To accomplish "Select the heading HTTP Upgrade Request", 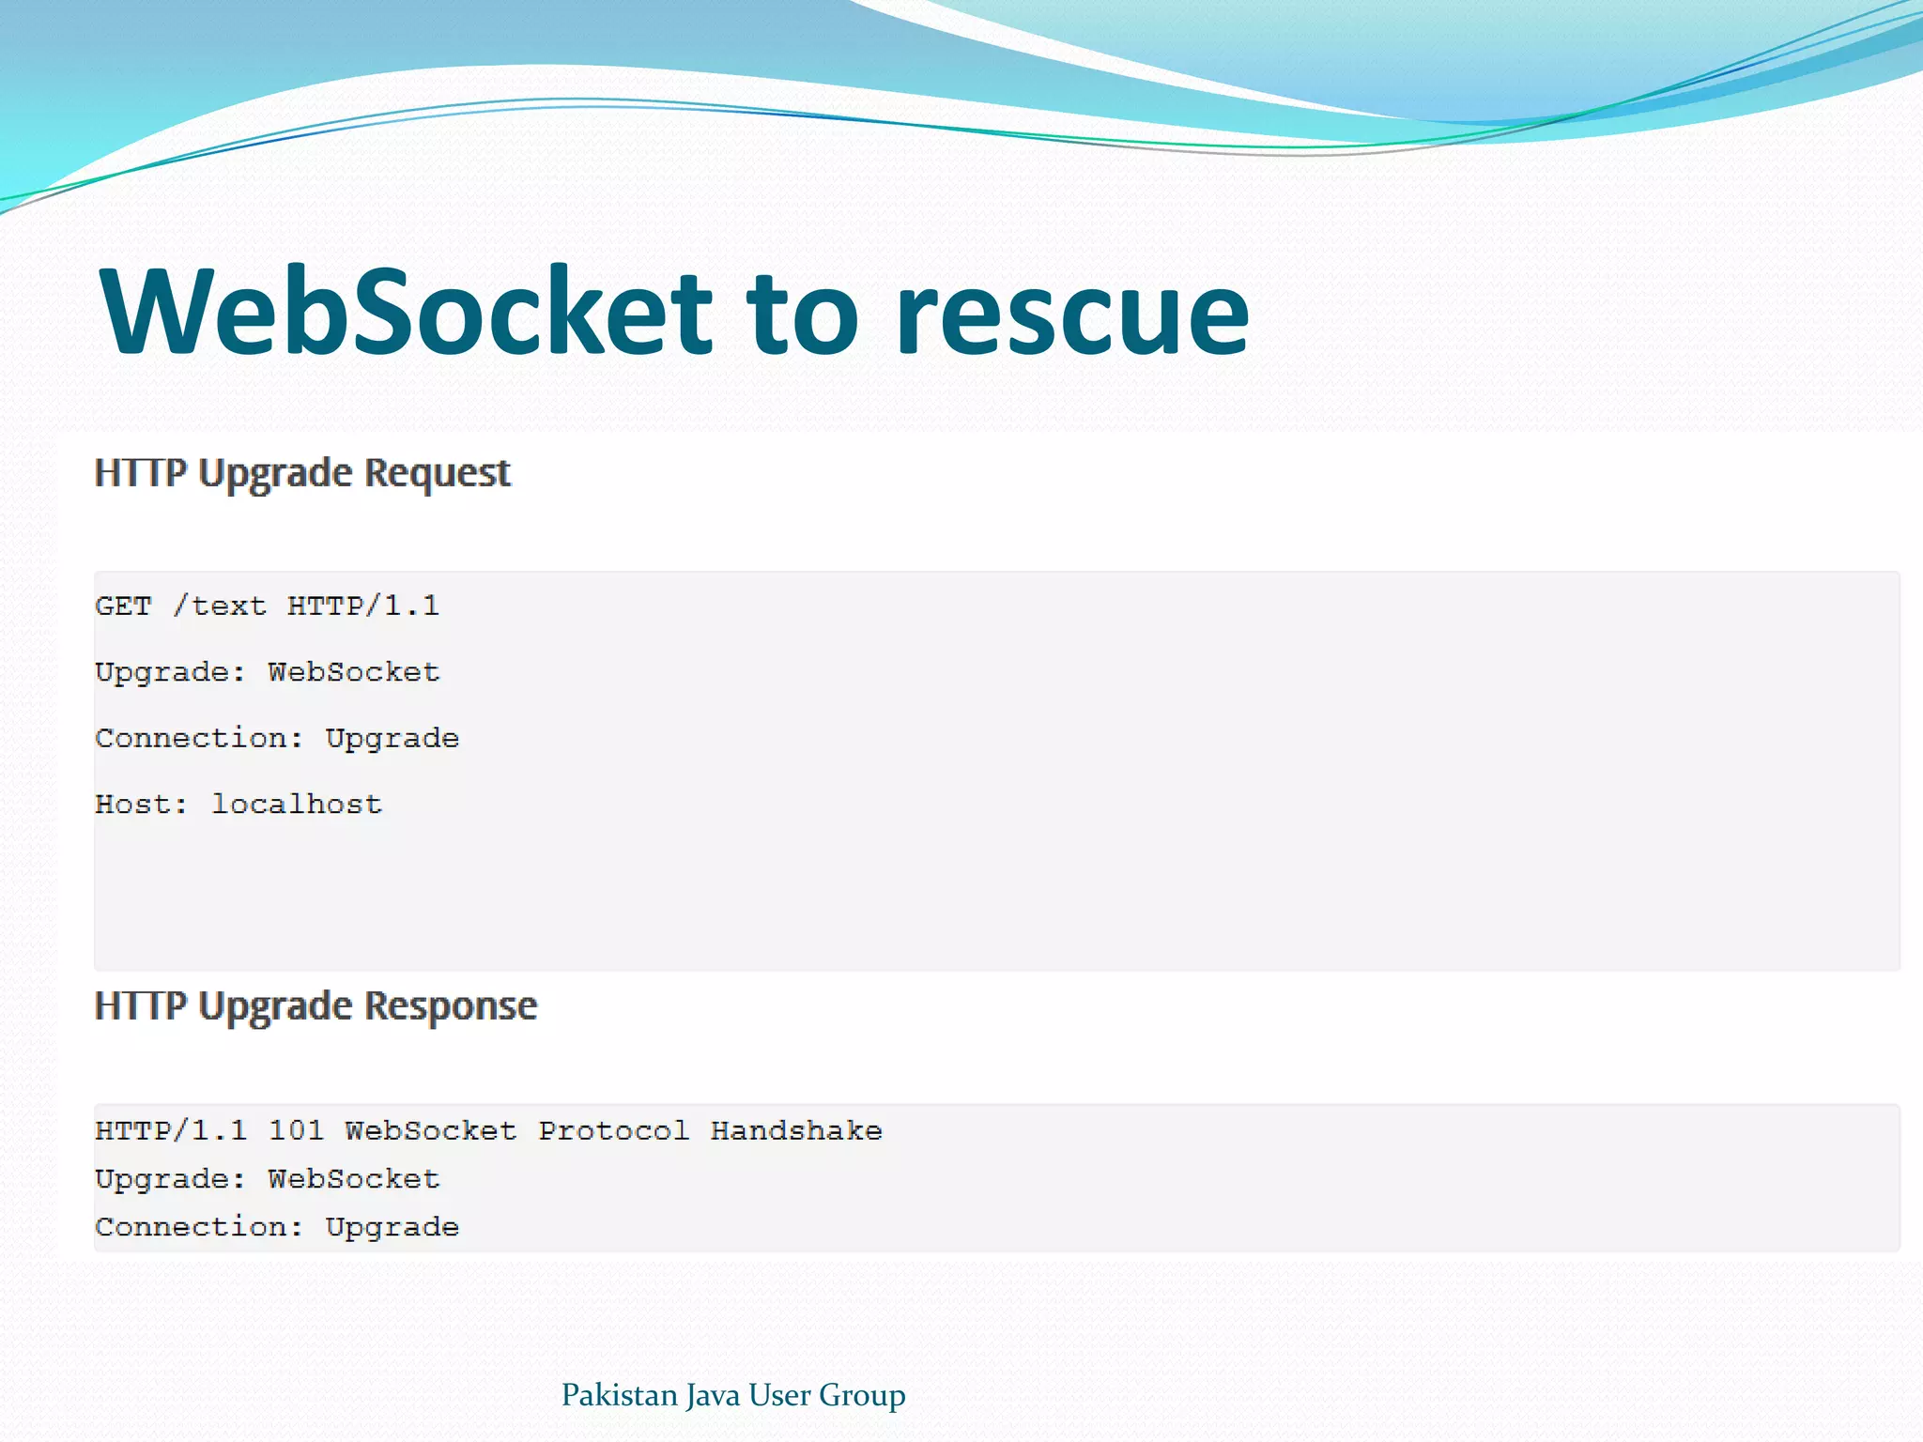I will point(302,473).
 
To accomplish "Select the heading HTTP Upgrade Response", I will point(315,1006).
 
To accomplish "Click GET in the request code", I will point(123,606).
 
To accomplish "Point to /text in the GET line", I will point(220,606).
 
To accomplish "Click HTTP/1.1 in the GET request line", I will point(363,606).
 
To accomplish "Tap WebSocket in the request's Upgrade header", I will point(354,672).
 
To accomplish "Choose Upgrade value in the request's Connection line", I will point(392,739).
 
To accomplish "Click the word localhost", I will point(297,805).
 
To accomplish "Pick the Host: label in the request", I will point(142,805).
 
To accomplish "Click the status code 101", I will point(296,1130).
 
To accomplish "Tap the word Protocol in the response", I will point(613,1130).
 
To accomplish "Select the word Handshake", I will point(796,1130).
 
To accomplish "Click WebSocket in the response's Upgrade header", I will point(354,1179).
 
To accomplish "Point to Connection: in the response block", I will point(199,1227).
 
